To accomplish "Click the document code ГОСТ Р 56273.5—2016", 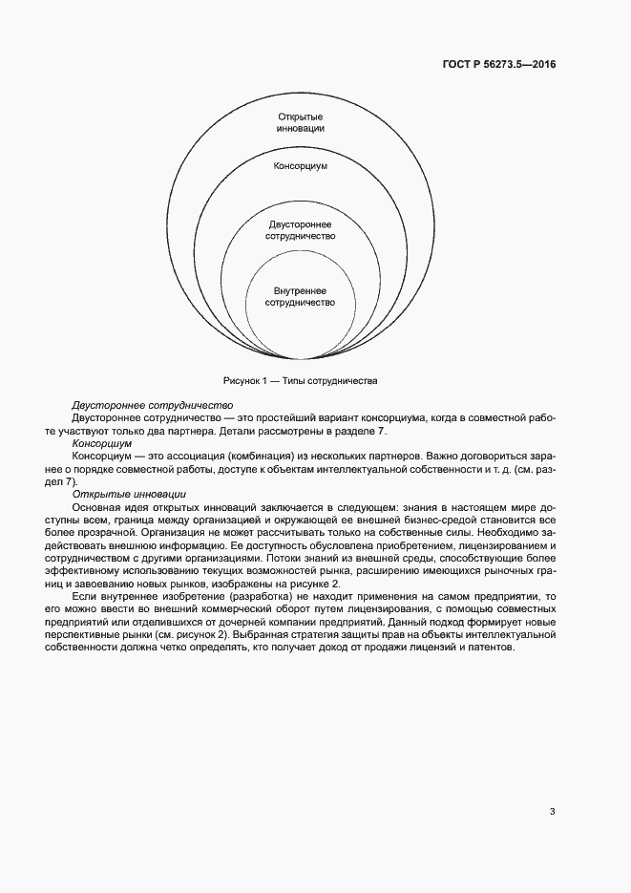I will click(500, 65).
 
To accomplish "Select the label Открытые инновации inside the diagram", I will click(301, 122).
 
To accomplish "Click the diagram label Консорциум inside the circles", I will click(301, 165).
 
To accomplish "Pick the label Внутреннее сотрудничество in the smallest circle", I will click(301, 295).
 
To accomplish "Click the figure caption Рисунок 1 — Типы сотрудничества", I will click(301, 380).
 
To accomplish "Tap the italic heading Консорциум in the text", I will click(102, 443).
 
